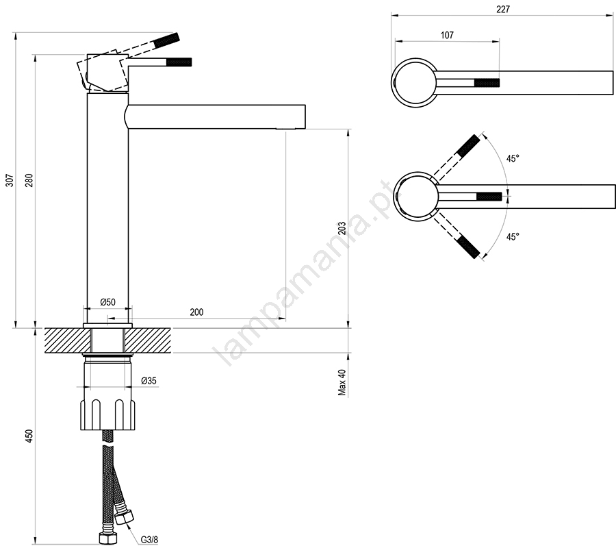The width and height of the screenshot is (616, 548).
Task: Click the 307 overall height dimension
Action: pyautogui.click(x=10, y=180)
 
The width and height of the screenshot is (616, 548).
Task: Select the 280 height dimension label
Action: pyautogui.click(x=30, y=180)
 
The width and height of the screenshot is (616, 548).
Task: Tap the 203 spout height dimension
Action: pyautogui.click(x=342, y=228)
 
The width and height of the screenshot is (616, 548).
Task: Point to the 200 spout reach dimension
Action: pyautogui.click(x=196, y=312)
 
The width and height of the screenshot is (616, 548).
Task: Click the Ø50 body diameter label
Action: pyautogui.click(x=107, y=302)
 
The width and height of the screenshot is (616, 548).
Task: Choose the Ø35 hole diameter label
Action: pyautogui.click(x=149, y=381)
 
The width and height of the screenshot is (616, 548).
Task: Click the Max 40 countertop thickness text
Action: pyautogui.click(x=342, y=382)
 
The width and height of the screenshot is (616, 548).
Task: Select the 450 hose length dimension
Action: pyautogui.click(x=30, y=436)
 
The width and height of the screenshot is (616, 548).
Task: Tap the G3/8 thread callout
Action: pyautogui.click(x=149, y=539)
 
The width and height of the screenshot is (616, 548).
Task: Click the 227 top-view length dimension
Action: pyautogui.click(x=503, y=10)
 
